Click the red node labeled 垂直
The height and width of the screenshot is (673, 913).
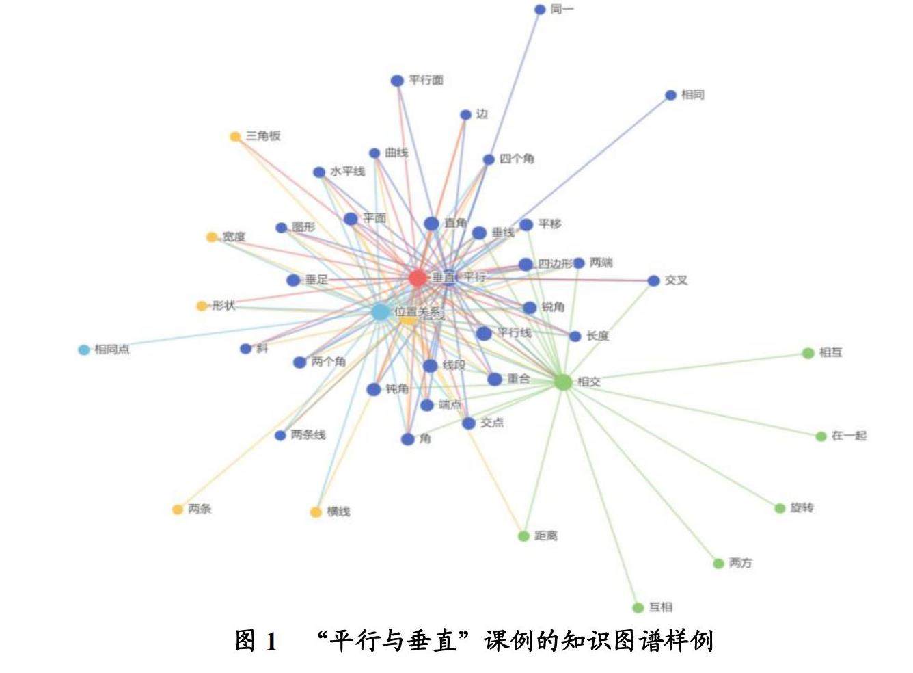point(418,278)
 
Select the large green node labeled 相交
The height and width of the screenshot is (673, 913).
point(562,382)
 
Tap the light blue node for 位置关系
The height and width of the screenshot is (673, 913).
point(381,313)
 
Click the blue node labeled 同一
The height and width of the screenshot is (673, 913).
point(540,10)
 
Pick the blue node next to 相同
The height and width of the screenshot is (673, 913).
point(670,95)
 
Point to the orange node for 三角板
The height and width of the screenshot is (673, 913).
point(235,137)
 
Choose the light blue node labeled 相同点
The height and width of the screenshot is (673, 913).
point(84,350)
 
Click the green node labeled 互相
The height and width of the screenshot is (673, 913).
point(638,607)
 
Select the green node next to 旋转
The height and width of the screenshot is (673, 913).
point(780,508)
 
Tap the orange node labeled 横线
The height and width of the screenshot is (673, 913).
point(316,512)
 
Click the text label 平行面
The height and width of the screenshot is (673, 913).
point(426,81)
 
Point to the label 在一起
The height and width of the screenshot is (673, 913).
point(849,436)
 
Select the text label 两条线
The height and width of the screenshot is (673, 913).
point(308,435)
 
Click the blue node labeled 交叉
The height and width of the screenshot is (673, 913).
point(653,280)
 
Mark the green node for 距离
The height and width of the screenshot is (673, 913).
point(523,536)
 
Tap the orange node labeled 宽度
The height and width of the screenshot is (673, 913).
point(212,237)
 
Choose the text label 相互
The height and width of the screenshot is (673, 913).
point(830,353)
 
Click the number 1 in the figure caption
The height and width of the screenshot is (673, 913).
point(271,642)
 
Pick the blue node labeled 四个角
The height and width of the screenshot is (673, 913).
point(489,160)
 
